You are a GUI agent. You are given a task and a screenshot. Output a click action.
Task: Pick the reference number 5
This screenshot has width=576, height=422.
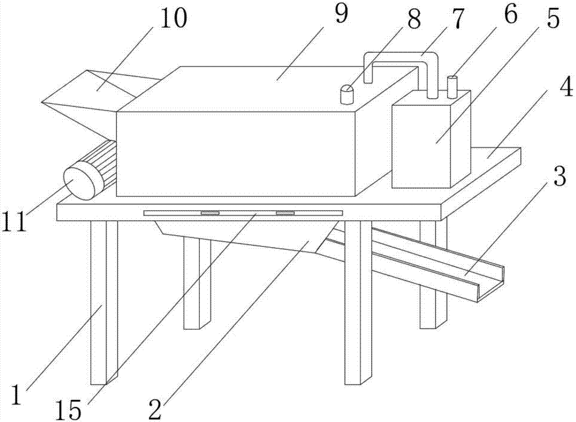(551, 21)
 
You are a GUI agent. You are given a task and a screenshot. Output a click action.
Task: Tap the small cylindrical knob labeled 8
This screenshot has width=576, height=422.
(347, 95)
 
